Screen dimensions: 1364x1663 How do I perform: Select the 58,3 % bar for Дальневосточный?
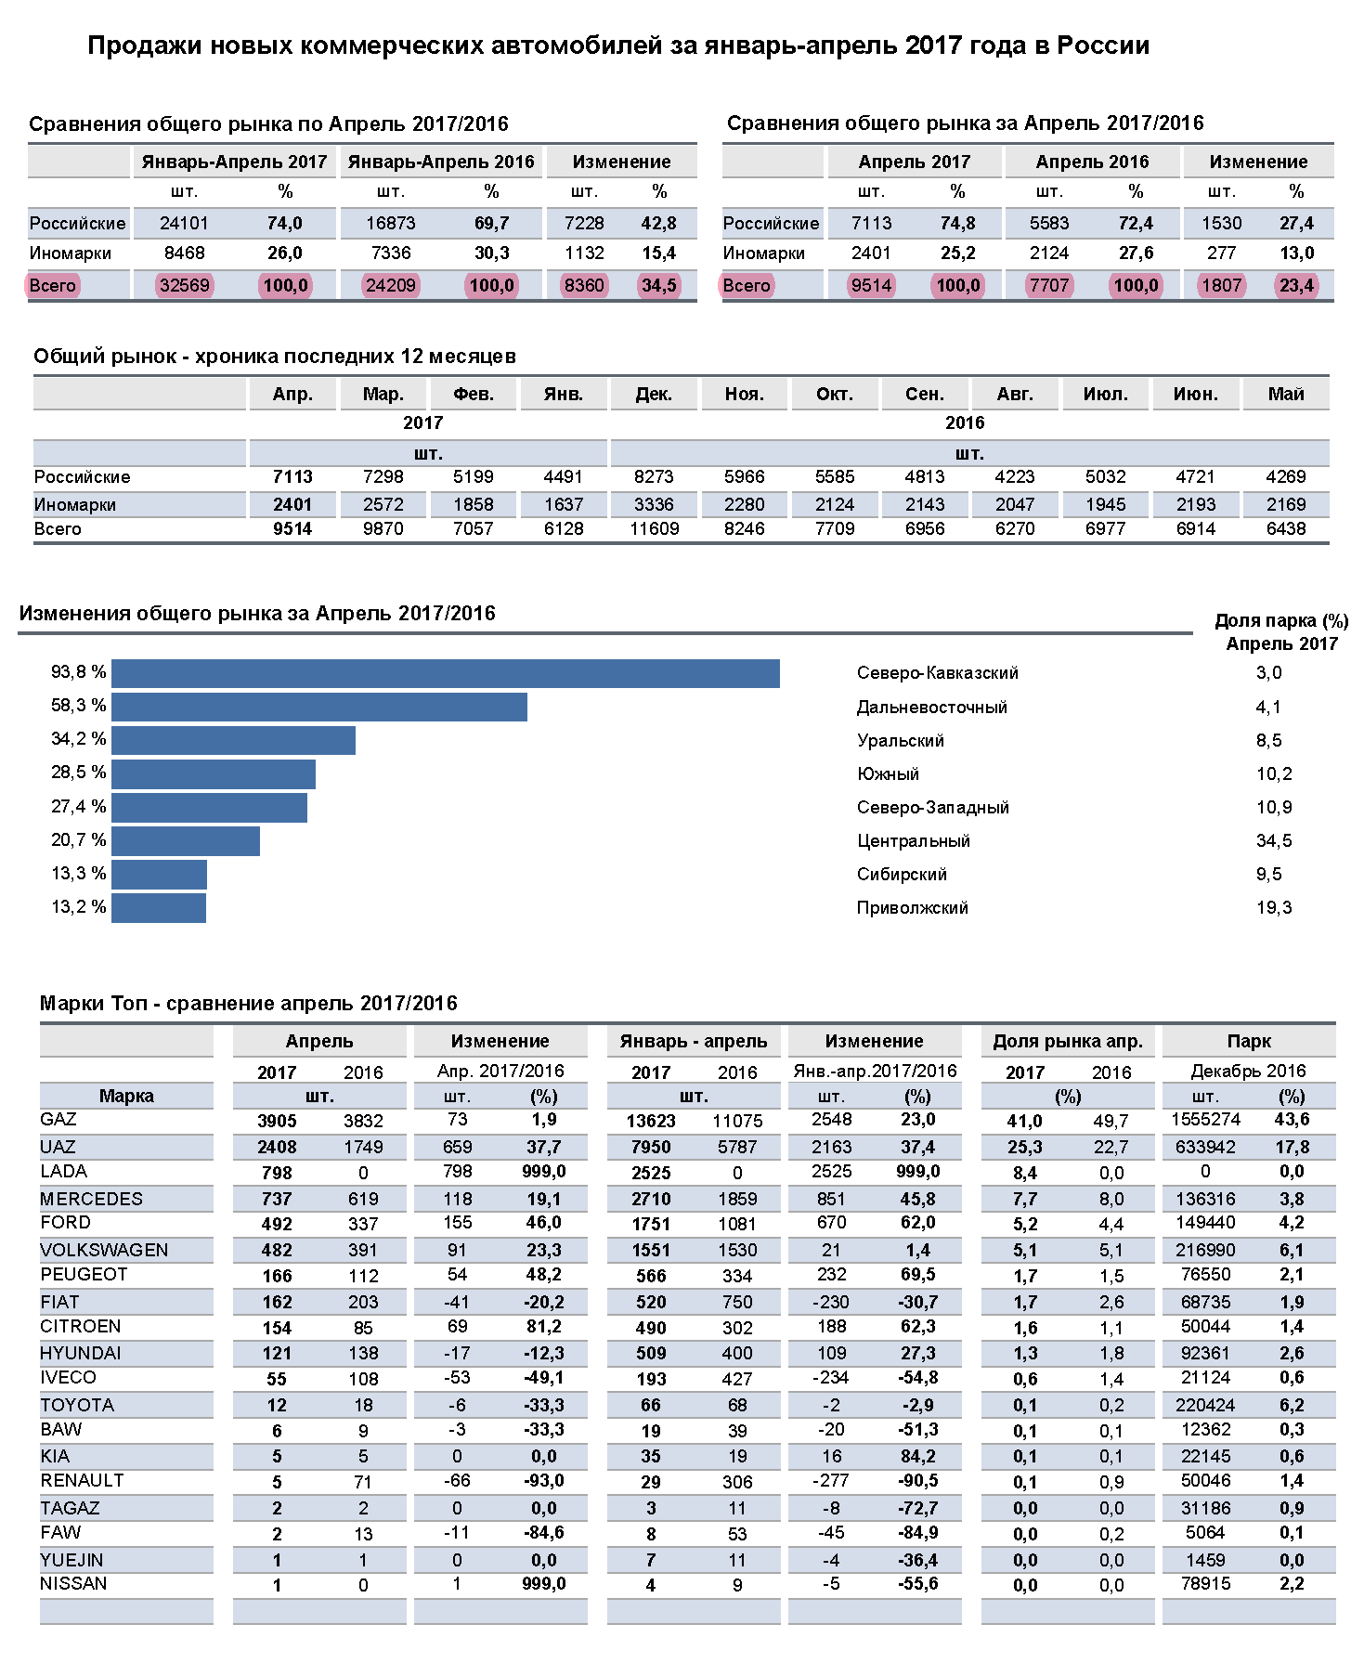[319, 707]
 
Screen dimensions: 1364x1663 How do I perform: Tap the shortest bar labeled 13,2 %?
[159, 908]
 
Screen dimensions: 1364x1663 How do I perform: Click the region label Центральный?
[914, 841]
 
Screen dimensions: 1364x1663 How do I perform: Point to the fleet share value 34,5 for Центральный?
[1274, 841]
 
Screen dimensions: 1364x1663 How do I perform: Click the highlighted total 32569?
[185, 285]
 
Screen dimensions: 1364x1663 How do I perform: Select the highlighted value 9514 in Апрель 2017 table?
[871, 285]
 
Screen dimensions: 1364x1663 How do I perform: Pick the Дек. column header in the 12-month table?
[654, 394]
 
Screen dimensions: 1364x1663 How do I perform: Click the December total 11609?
[655, 529]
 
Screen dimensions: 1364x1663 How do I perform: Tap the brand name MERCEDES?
[92, 1199]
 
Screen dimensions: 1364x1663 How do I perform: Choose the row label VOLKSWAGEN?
[104, 1250]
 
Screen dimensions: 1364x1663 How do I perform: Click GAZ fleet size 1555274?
[1205, 1120]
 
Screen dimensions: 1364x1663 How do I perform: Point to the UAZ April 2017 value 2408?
[277, 1148]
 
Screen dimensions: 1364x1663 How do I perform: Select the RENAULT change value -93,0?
[543, 1481]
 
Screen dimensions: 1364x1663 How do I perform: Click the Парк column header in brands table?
[1249, 1042]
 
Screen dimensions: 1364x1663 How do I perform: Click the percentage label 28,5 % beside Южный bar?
[79, 773]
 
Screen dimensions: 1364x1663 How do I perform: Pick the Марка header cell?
[126, 1097]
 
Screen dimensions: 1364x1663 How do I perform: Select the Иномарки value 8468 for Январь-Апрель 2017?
[184, 253]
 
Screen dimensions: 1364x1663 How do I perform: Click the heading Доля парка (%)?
[1281, 621]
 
